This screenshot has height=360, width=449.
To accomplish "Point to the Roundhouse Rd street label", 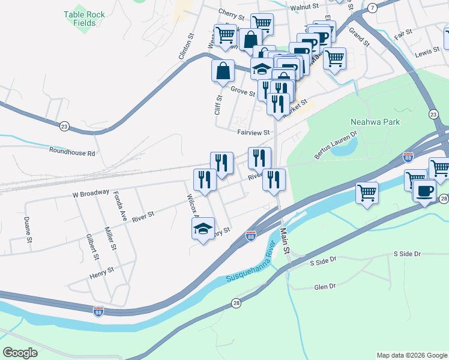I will pyautogui.click(x=72, y=153).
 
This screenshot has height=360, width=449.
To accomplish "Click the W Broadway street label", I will pyautogui.click(x=91, y=194).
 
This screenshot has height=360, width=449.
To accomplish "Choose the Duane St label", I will pyautogui.click(x=28, y=230).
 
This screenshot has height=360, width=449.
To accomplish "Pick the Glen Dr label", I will pyautogui.click(x=324, y=287).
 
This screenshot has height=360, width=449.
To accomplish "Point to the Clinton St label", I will pyautogui.click(x=187, y=46).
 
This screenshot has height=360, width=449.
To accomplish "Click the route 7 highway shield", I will pyautogui.click(x=373, y=7).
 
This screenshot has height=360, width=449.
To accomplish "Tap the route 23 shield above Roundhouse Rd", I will pyautogui.click(x=64, y=125).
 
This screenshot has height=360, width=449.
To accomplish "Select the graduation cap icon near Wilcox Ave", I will pyautogui.click(x=203, y=227).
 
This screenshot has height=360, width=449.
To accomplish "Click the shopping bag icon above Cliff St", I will pyautogui.click(x=223, y=70).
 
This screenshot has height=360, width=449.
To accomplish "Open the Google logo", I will pyautogui.click(x=20, y=352).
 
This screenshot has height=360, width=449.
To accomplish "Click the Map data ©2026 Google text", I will pyautogui.click(x=411, y=355).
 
